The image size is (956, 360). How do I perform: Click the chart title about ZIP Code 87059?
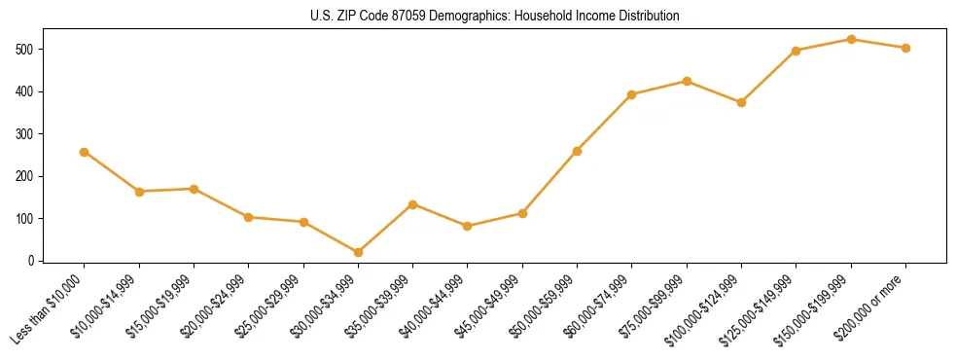point(478,17)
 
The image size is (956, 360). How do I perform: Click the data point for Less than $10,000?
point(84,152)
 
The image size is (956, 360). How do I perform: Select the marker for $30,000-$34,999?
point(358,252)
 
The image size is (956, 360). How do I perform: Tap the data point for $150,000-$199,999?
point(851,39)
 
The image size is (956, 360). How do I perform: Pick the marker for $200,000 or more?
point(905,48)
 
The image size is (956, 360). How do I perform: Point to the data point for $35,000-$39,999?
point(412,204)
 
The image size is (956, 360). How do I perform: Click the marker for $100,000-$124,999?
point(741,102)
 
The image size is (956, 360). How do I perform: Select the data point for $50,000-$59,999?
point(577,151)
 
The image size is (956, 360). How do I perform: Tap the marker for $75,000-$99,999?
point(687,81)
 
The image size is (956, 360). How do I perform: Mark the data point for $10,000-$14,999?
point(139,192)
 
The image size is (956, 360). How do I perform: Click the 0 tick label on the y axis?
point(34,261)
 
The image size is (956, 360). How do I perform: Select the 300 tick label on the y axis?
point(28,133)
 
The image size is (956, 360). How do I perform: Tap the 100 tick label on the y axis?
point(28,218)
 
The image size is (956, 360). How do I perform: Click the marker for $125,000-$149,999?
point(797,51)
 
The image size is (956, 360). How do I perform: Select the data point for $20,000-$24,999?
point(248,217)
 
